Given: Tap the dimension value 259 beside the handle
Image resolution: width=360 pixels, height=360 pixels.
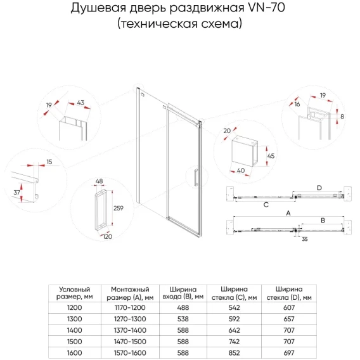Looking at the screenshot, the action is (x=119, y=208).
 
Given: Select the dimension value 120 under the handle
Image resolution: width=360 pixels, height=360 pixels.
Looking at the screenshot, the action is (x=108, y=236).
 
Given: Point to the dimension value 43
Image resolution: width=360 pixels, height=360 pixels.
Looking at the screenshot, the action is (x=80, y=103).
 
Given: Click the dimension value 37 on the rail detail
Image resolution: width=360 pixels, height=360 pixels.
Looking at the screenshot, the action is (x=16, y=193).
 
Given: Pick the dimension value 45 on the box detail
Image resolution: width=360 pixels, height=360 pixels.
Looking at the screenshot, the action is (x=271, y=156).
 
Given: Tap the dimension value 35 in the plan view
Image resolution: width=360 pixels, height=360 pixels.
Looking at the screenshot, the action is (x=305, y=239).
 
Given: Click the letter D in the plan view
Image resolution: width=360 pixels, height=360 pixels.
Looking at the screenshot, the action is (x=319, y=188).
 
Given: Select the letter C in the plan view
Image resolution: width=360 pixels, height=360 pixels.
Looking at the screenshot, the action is (x=266, y=205).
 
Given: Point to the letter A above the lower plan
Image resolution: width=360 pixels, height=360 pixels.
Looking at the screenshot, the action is (x=288, y=214).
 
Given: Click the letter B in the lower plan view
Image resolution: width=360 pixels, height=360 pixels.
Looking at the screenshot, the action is (x=323, y=221).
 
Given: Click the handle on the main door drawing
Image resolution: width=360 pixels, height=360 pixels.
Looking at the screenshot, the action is (x=196, y=177).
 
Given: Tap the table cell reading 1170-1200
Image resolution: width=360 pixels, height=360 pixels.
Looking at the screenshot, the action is (x=130, y=307).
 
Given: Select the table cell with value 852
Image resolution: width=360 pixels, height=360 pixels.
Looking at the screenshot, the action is (x=234, y=352).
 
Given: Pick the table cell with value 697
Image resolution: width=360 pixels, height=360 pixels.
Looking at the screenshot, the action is (x=289, y=352).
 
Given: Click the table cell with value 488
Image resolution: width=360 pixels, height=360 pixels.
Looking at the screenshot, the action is (x=183, y=307).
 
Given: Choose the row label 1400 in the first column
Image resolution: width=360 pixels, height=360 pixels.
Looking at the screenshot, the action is (x=74, y=330).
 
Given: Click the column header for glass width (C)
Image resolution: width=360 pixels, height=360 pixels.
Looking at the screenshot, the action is (x=234, y=293).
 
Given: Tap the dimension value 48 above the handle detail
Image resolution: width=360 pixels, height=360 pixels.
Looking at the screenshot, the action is (x=99, y=181).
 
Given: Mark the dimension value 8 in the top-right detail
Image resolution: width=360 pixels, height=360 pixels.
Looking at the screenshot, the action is (x=342, y=117).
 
